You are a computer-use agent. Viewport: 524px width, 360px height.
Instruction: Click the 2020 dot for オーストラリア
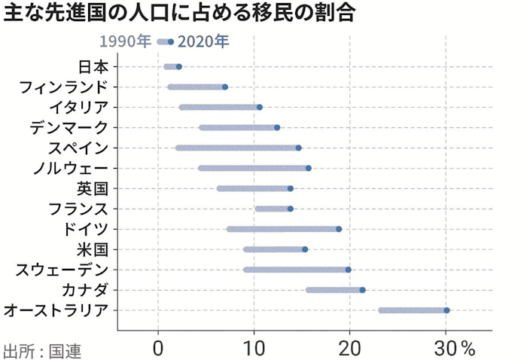446,310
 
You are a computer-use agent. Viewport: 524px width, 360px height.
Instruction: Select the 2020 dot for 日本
178,67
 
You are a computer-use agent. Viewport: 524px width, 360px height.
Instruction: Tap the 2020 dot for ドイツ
339,229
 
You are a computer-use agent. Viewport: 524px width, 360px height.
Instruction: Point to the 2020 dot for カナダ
362,290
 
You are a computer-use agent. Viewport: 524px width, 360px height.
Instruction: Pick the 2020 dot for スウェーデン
348,270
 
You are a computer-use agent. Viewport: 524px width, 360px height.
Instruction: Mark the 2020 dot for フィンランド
225,87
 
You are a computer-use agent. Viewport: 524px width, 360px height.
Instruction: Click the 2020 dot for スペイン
298,148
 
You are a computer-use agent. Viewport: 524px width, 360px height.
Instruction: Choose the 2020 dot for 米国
305,249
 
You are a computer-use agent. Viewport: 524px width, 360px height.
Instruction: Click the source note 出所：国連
41,350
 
